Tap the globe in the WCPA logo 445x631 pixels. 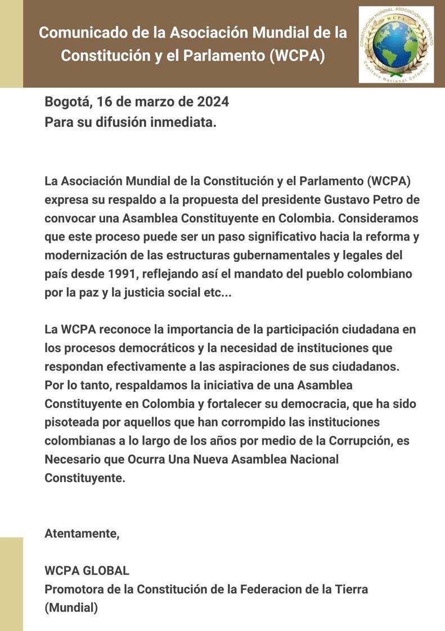[x=395, y=45]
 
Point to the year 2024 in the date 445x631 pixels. [x=213, y=103]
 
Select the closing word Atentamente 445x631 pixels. [x=82, y=533]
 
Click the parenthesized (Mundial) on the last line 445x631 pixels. [x=71, y=608]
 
